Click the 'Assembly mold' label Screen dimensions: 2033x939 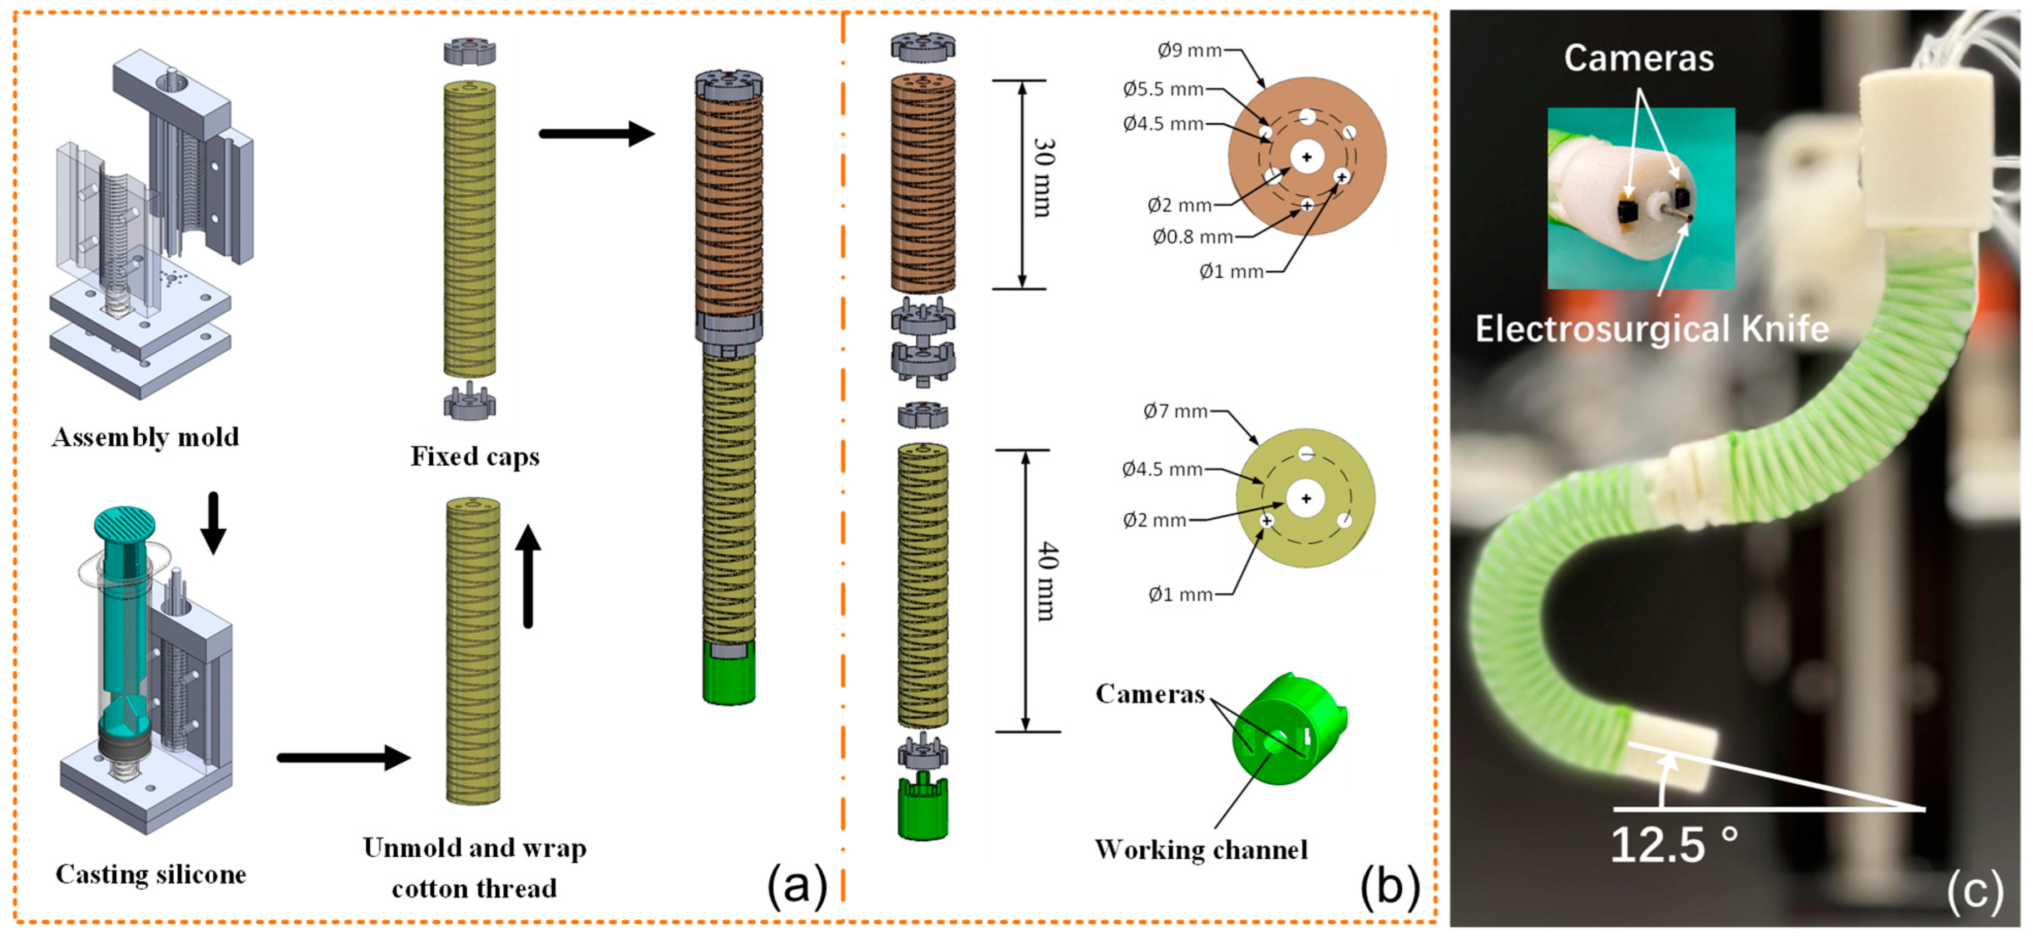[145, 437]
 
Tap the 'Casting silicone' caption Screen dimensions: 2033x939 [151, 874]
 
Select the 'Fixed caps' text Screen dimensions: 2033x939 [475, 457]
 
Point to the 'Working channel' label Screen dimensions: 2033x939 [1201, 850]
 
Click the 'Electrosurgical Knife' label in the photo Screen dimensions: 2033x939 [1652, 329]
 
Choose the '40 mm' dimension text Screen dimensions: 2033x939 [1046, 582]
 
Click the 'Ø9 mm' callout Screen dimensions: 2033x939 [1190, 50]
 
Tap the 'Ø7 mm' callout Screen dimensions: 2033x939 [1175, 412]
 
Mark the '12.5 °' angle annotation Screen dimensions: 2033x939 [1674, 844]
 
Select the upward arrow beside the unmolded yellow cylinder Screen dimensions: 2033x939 [528, 576]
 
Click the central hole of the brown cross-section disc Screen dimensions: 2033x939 [1307, 157]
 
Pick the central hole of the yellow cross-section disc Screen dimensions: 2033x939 [1306, 498]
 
